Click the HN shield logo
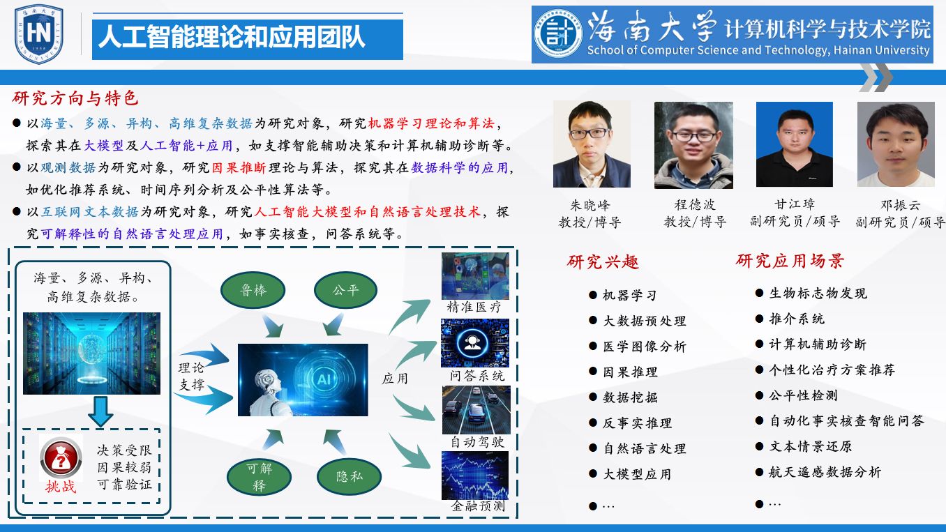click(39, 33)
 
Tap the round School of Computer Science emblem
click(559, 34)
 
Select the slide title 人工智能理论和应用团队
click(232, 37)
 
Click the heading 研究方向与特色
click(75, 98)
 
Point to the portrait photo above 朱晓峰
click(592, 144)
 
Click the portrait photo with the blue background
click(794, 144)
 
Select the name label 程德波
click(694, 206)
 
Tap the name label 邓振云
click(899, 206)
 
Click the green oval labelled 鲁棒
click(253, 290)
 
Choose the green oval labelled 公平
click(345, 289)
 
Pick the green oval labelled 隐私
click(350, 477)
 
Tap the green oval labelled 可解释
click(260, 476)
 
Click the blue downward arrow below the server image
click(100, 411)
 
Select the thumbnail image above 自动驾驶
click(476, 410)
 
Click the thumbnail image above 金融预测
click(475, 476)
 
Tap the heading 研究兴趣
click(603, 262)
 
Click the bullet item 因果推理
click(630, 372)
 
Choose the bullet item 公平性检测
click(803, 395)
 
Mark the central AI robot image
click(303, 380)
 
